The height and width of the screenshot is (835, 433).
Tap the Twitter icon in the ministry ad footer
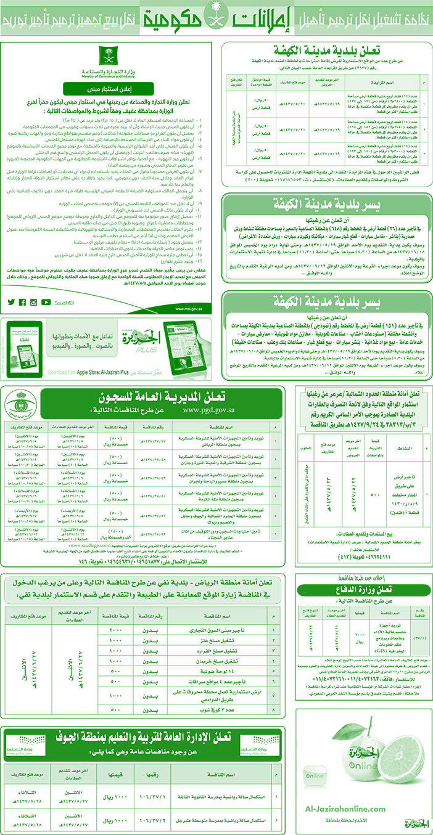point(11,301)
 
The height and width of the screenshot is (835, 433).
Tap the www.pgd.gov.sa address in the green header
point(204,409)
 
